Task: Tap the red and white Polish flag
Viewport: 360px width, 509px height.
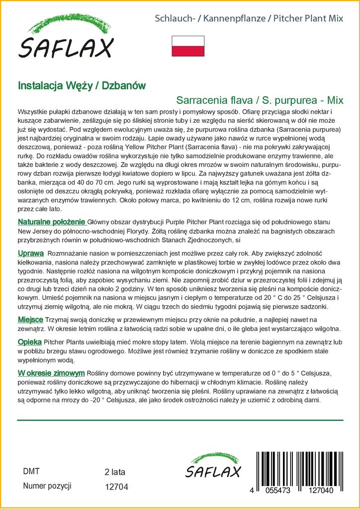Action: [187, 46]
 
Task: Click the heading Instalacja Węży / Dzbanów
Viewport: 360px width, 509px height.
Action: [82, 85]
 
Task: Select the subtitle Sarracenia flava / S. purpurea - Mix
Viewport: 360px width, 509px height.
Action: [260, 99]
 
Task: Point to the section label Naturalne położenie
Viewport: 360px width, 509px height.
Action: [52, 221]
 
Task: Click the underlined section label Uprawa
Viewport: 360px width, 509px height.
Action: [31, 253]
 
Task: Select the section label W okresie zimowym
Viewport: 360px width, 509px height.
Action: [51, 373]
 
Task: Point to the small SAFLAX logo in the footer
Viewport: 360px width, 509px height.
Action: [213, 466]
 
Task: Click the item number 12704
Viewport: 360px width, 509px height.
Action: [117, 487]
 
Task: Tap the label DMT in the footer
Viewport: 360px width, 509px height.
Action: [31, 471]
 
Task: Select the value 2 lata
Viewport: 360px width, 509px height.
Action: [115, 472]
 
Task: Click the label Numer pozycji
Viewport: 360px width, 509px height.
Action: [48, 486]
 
